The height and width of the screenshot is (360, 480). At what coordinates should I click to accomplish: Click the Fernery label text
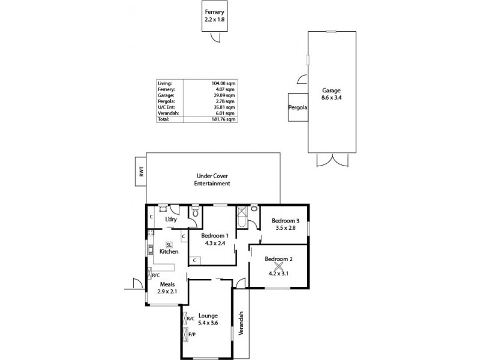(x=214, y=12)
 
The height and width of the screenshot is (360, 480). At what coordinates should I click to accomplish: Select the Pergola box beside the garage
(x=298, y=108)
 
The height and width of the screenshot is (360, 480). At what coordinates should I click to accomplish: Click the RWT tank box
(x=141, y=172)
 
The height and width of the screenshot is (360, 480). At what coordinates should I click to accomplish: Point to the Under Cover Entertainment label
(x=212, y=180)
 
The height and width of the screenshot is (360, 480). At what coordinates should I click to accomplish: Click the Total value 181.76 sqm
(x=224, y=119)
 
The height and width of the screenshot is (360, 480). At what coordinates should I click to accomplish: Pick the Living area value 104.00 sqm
(x=224, y=83)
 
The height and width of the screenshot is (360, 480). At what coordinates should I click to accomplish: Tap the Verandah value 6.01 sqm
(x=227, y=113)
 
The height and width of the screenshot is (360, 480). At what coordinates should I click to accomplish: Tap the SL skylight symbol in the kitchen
(x=169, y=244)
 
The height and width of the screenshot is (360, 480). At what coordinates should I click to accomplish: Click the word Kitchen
(x=169, y=252)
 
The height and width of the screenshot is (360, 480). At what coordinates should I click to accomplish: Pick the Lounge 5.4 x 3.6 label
(x=208, y=319)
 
